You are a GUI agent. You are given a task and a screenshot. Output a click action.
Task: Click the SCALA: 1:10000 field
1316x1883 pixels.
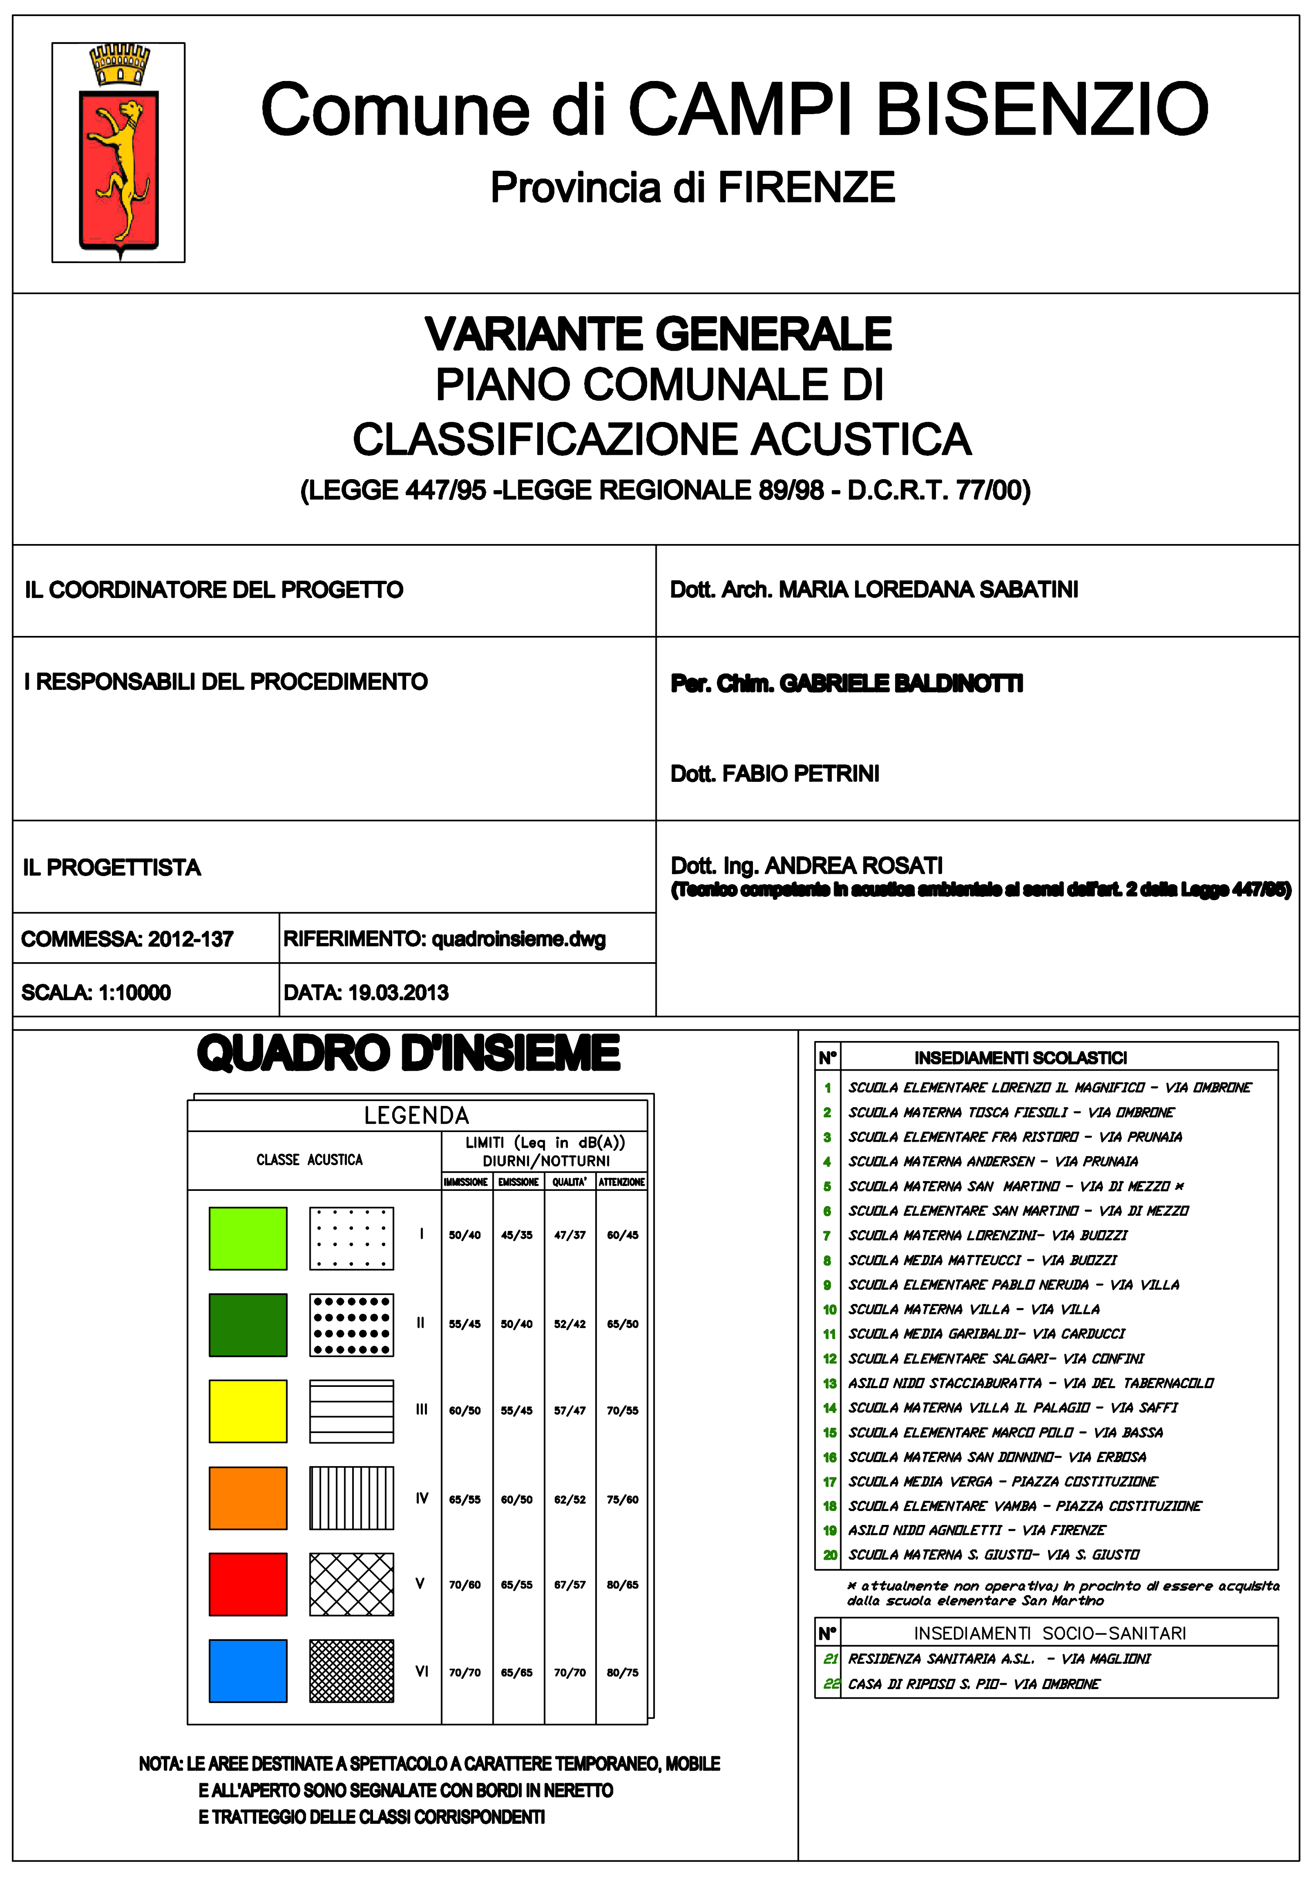tap(96, 992)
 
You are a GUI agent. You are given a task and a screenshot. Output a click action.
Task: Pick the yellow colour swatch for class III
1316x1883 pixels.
tap(248, 1410)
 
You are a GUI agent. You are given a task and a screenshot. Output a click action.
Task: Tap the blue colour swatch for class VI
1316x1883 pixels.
tap(248, 1670)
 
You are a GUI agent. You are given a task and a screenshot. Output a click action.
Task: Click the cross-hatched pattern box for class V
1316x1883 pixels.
tap(351, 1584)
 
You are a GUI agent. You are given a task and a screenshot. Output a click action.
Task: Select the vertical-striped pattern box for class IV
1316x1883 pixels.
tap(351, 1498)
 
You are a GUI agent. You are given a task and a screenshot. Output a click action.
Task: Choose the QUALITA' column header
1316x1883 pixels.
tap(570, 1182)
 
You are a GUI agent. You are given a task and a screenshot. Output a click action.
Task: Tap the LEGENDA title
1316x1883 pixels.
tap(417, 1116)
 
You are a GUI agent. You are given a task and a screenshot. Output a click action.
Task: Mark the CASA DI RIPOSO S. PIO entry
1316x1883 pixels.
tap(973, 1684)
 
